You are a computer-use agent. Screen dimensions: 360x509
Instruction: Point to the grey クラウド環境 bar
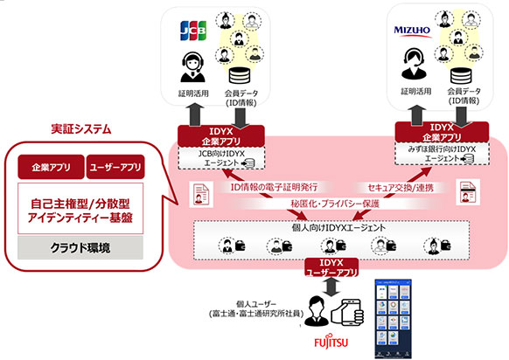click(x=78, y=248)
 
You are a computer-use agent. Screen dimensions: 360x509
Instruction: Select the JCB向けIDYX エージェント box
click(x=213, y=156)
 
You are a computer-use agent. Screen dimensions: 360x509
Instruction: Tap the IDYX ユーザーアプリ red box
click(x=325, y=267)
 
